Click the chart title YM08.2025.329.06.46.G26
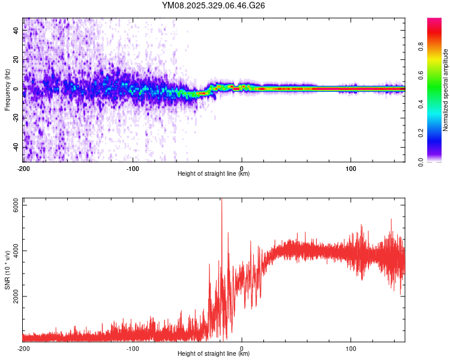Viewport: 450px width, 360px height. pyautogui.click(x=214, y=5)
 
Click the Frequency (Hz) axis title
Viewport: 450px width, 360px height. pyautogui.click(x=7, y=89)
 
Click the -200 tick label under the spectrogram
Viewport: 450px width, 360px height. pyautogui.click(x=23, y=169)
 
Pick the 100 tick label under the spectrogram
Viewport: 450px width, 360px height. pyautogui.click(x=351, y=169)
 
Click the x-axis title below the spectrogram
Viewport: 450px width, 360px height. pyautogui.click(x=214, y=174)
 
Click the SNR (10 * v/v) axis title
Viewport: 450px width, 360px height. pyautogui.click(x=7, y=270)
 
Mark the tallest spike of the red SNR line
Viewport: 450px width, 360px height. pyautogui.click(x=222, y=200)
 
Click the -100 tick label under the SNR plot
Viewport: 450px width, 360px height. pyautogui.click(x=132, y=348)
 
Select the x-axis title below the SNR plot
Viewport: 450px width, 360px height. pyautogui.click(x=214, y=354)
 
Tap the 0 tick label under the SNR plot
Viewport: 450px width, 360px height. pyautogui.click(x=242, y=348)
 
